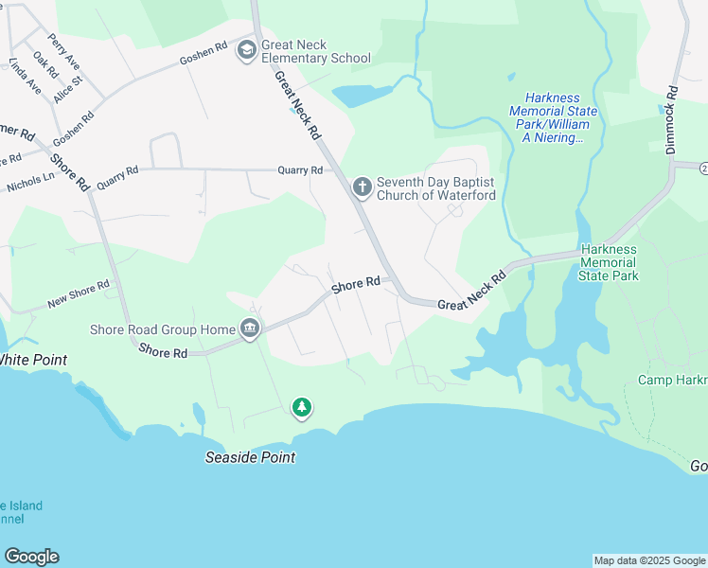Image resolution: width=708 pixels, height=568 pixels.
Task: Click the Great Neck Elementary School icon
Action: click(x=247, y=49)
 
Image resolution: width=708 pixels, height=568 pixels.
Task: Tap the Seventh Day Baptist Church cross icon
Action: click(x=361, y=187)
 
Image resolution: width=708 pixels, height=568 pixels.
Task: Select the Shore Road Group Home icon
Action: click(x=250, y=329)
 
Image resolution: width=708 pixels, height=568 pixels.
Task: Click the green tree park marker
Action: click(x=302, y=408)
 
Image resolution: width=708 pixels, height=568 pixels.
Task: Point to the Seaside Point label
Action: click(x=251, y=457)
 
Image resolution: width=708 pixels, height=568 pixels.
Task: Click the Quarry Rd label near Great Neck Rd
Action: click(x=300, y=170)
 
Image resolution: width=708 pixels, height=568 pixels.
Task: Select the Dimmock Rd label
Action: click(x=671, y=121)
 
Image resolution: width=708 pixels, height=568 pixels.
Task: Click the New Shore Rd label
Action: click(x=79, y=293)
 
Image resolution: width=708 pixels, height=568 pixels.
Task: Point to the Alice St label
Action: click(x=68, y=92)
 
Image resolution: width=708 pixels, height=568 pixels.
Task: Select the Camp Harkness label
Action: click(x=672, y=380)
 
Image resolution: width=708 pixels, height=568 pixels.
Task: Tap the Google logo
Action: click(x=31, y=557)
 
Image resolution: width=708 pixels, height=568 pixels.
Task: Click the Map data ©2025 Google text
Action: click(x=648, y=560)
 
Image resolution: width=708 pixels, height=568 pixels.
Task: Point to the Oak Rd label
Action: click(x=45, y=64)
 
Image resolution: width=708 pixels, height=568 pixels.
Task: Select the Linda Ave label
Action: click(x=25, y=76)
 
